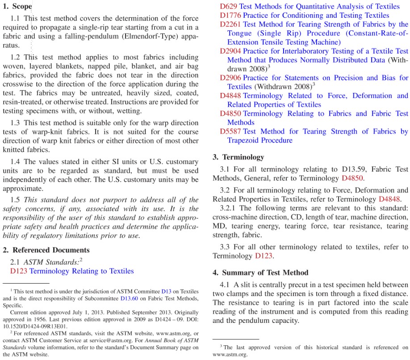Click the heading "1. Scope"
point(17,6)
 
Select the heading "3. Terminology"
point(238,157)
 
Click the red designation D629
point(229,6)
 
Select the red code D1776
point(230,15)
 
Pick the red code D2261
point(230,24)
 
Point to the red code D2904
point(230,51)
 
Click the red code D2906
point(230,78)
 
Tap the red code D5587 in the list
point(230,131)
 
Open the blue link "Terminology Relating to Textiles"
point(82,271)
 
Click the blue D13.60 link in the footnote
point(129,298)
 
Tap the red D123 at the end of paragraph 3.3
point(264,256)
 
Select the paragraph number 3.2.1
point(228,208)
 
